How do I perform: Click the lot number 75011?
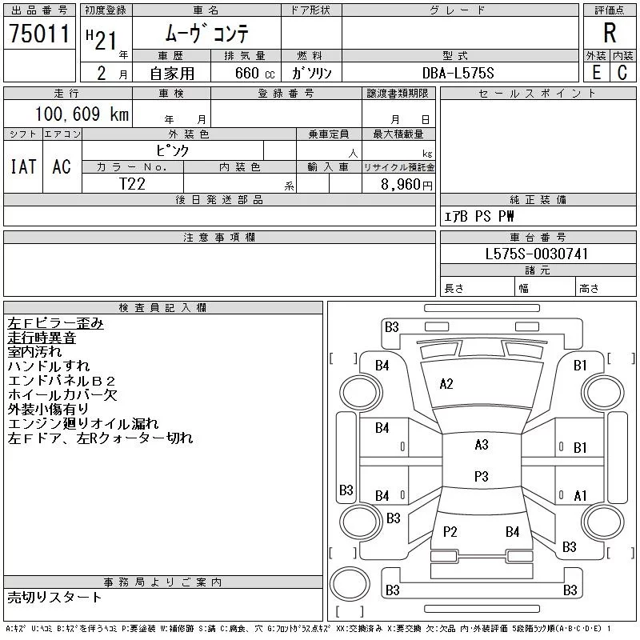39,34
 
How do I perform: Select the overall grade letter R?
610,33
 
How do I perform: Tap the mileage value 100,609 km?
82,114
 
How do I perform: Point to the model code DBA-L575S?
458,73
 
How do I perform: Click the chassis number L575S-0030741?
536,254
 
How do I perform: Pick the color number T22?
132,184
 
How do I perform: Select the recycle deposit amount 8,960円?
406,185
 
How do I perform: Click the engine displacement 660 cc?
254,73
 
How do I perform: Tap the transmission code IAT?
23,166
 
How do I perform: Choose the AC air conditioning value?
62,166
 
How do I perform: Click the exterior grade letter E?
596,73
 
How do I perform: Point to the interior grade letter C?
622,73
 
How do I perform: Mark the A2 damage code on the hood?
446,384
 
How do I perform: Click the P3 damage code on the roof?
482,476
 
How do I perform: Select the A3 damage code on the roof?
482,445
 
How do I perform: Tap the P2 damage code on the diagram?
450,531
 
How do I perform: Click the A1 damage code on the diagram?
580,496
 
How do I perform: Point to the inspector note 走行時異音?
42,338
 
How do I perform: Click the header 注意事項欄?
219,237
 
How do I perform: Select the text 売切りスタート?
54,597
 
